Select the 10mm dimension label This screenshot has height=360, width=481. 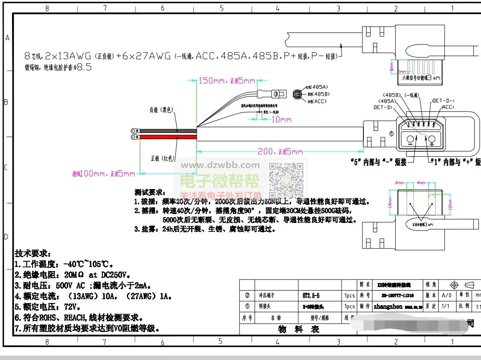click(281, 119)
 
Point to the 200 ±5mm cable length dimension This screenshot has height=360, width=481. click(280, 152)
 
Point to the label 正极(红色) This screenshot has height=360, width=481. click(163, 158)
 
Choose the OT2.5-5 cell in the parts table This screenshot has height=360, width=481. click(308, 295)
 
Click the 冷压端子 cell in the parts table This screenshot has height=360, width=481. click(267, 295)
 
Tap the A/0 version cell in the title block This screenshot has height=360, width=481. click(446, 295)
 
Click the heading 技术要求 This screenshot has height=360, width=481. click(33, 253)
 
